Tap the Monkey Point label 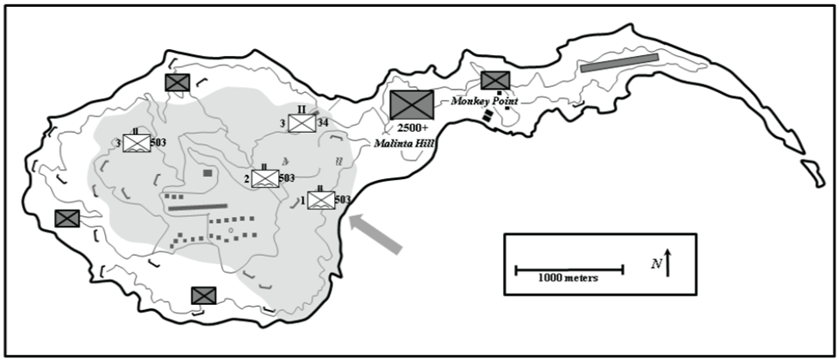pos(483,101)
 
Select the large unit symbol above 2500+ pos(412,105)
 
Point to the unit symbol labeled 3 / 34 pos(301,123)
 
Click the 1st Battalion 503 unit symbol pos(320,200)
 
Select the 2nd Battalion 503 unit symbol pos(264,178)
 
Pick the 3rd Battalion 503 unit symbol pos(137,143)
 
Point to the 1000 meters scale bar pos(569,270)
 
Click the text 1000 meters pos(568,278)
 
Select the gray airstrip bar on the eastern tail pos(619,63)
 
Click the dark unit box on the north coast pos(177,82)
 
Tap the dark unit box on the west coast pos(66,218)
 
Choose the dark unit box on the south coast pos(203,295)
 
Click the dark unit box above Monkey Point pos(494,80)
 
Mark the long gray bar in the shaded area pos(197,207)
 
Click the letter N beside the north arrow pos(656,264)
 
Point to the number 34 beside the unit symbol pos(323,123)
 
